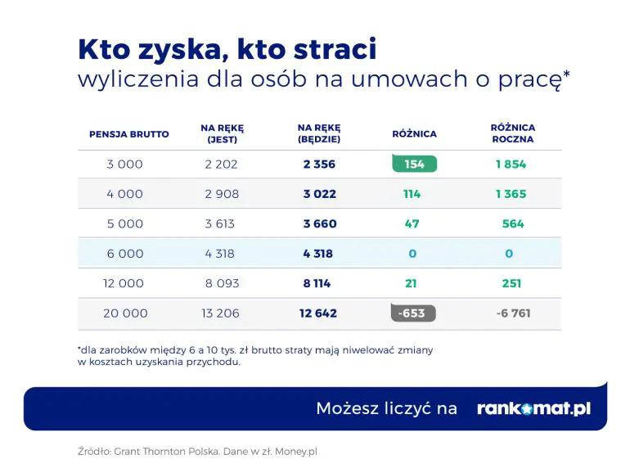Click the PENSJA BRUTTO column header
pos(129,134)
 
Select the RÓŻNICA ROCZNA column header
pos(513,133)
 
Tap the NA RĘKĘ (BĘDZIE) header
pos(319,133)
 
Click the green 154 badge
pos(414,164)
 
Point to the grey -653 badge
pos(413,313)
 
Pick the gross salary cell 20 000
pos(125,313)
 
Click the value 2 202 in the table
pos(222,164)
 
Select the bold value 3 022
pos(319,194)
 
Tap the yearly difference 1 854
pos(511,164)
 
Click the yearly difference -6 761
pos(513,313)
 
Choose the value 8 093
pos(223,283)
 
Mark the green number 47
pos(412,223)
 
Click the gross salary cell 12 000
pos(124,283)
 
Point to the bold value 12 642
pos(318,313)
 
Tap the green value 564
pos(513,223)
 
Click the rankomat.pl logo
pos(534,408)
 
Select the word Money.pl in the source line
pos(296,451)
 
